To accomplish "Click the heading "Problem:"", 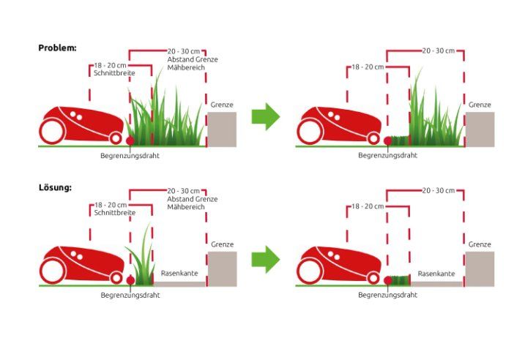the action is point(57,48).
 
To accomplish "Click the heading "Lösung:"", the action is point(55,187).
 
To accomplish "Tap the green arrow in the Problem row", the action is point(266,116).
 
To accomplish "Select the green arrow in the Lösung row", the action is point(266,259).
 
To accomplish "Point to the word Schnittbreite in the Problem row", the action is point(114,73).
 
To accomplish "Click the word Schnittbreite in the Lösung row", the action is point(114,213).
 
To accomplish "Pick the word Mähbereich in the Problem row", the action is point(186,67).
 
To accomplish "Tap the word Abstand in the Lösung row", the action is point(179,199).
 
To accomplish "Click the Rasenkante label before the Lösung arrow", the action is point(179,273).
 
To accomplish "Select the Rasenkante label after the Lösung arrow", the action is point(436,274).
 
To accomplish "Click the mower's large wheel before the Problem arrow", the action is point(52,131).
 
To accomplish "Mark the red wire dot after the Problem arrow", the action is point(388,141).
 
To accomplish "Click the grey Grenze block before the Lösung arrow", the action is point(222,269).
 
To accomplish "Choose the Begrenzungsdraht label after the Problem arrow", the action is point(388,155).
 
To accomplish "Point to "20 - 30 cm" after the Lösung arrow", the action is point(439,191).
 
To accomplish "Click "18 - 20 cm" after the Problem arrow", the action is point(368,67).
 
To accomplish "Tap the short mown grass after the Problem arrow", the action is point(400,140).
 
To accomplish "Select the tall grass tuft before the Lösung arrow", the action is point(141,256).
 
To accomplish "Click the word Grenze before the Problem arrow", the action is point(222,105).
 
